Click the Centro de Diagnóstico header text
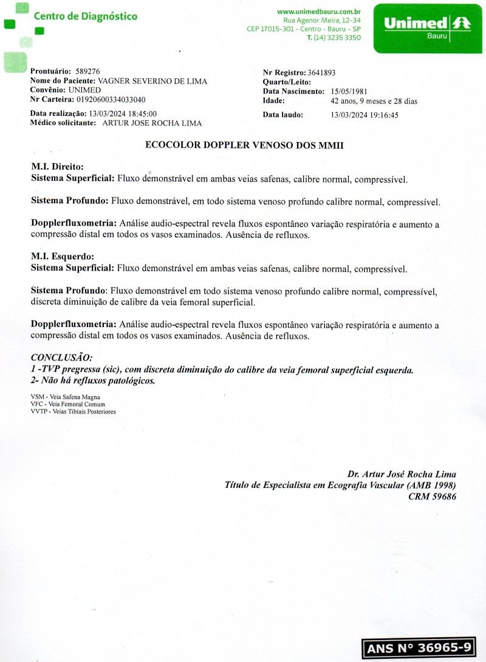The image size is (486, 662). click(x=85, y=16)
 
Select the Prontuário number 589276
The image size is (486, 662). click(x=88, y=72)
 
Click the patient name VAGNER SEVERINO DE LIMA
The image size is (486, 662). click(x=152, y=81)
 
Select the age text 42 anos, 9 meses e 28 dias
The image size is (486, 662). click(x=374, y=101)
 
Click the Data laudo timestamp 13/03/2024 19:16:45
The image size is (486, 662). click(x=364, y=115)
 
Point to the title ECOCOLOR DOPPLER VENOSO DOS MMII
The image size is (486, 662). click(x=245, y=145)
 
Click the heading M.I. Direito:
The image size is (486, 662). click(x=57, y=166)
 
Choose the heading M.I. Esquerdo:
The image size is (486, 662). click(x=62, y=256)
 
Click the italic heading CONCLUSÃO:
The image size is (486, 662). click(x=61, y=357)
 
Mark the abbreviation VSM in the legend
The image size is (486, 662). click(x=38, y=397)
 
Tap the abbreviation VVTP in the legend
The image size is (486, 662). click(x=39, y=411)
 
